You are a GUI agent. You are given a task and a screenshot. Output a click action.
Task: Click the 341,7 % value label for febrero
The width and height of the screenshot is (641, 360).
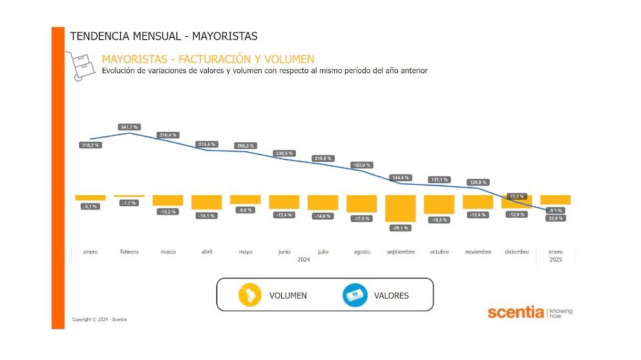point(129,127)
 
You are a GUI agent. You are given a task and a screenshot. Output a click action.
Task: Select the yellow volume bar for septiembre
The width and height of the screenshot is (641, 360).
point(400,208)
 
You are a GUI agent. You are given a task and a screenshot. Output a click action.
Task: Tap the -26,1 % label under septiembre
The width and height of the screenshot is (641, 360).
point(400,228)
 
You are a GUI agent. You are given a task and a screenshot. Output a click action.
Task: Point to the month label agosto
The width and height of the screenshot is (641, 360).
point(361,252)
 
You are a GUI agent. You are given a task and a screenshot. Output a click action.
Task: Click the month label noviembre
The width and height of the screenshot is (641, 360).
point(478,252)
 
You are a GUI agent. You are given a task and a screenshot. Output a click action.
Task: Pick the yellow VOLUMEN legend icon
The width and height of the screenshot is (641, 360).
point(249,295)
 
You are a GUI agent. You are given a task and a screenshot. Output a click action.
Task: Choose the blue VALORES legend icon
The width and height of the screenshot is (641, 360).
point(355,295)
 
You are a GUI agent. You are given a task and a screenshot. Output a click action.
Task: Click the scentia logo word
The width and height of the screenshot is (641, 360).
point(516,313)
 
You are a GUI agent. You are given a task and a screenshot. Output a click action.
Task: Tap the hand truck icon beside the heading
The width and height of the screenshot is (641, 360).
point(79,65)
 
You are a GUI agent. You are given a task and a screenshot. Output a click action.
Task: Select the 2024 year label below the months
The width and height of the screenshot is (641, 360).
point(304,260)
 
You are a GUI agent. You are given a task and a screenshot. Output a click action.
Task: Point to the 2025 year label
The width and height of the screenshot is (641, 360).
point(555,260)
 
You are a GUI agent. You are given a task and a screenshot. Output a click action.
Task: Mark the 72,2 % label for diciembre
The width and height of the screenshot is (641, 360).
point(516,195)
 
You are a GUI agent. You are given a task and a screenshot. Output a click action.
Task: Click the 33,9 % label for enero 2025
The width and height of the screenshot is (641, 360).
point(555,218)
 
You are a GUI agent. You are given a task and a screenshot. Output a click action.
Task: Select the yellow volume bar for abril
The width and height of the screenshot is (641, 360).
point(206,202)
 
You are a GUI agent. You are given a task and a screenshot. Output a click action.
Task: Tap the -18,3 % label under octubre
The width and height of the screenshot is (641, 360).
point(439,220)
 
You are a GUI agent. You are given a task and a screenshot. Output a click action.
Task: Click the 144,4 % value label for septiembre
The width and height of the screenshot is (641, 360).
point(401,177)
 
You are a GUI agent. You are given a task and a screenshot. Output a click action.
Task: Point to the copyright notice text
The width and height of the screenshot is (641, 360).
point(99,319)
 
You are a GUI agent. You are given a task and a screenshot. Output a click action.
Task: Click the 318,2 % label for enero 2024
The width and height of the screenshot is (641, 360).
point(90,145)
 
